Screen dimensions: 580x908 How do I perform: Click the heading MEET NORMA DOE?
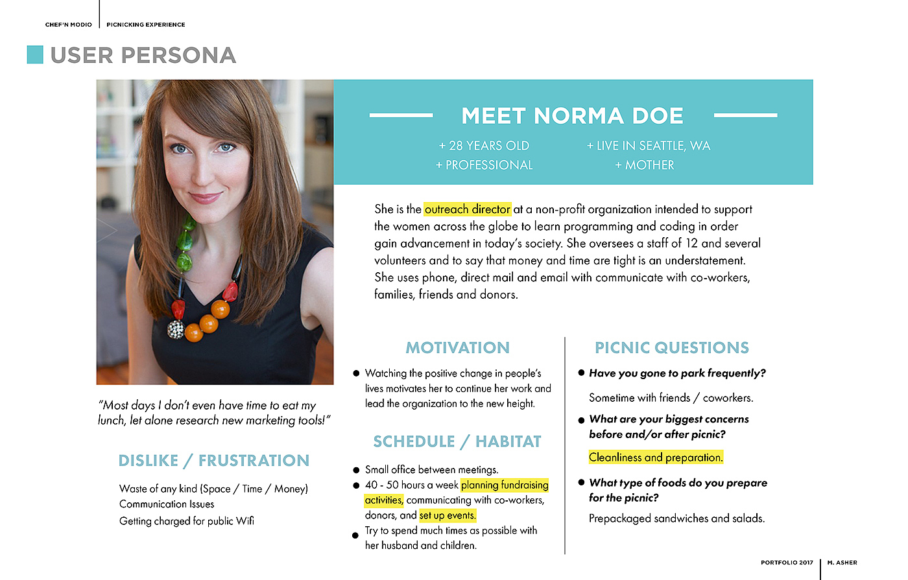pos(572,116)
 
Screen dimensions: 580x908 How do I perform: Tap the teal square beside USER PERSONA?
pos(35,54)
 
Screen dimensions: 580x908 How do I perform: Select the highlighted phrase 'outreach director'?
pos(468,209)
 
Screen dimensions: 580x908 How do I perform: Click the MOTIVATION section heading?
pos(457,348)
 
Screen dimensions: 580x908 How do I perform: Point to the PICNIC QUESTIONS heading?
pos(671,348)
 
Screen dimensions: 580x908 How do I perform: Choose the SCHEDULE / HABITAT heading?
pos(457,442)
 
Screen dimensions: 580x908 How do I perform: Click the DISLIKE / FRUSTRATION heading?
pos(213,461)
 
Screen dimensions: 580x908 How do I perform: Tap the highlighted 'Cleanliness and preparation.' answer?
pos(656,458)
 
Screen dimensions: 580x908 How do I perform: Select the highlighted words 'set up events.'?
pos(448,515)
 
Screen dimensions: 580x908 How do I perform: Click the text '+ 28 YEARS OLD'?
pos(484,146)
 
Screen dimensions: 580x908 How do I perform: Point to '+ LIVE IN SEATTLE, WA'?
pos(649,146)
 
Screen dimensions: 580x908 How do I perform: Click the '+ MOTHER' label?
pos(645,165)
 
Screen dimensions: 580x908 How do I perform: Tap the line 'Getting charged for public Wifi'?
pos(187,521)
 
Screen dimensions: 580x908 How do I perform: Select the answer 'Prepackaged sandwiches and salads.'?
pos(676,518)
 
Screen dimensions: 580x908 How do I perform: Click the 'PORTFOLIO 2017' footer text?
pos(787,563)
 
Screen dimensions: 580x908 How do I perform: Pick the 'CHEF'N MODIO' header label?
pos(69,25)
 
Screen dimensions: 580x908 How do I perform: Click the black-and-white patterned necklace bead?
pos(176,329)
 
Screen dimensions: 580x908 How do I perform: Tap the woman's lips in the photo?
pos(205,198)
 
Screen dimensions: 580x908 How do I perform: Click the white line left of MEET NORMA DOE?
pos(401,115)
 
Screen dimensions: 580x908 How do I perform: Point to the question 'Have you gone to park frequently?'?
pos(677,373)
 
